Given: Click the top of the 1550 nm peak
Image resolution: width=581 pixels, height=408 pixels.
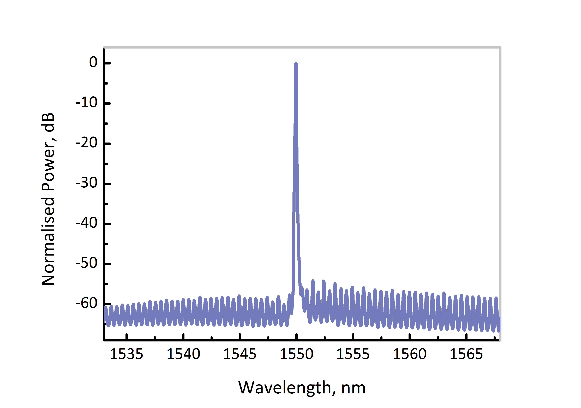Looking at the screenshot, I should (x=296, y=64).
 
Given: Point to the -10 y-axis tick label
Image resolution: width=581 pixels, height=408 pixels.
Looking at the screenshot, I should (x=87, y=103).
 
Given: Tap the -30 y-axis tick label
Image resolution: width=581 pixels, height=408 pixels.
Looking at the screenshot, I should (x=87, y=183).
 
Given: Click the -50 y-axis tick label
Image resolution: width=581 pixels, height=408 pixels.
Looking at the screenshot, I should (x=87, y=263).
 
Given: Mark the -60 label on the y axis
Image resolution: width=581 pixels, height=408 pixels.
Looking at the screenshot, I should (x=87, y=303).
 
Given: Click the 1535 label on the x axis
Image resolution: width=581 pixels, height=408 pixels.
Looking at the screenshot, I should (x=127, y=354).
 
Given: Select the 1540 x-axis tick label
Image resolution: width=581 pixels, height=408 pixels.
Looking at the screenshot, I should (x=183, y=354).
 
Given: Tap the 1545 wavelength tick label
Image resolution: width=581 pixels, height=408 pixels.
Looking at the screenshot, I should (x=240, y=354).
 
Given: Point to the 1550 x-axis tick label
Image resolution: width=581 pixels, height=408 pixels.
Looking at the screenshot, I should (x=296, y=354).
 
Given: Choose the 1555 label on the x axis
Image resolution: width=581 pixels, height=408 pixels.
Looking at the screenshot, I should (x=353, y=354).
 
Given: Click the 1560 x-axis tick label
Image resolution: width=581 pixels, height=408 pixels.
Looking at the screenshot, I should (x=409, y=354).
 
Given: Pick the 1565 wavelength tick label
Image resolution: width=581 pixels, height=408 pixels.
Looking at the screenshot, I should (x=466, y=354).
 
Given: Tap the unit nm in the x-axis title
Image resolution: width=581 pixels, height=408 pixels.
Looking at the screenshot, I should (x=353, y=388).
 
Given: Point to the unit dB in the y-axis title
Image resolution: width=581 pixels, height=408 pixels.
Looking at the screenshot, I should (x=48, y=122).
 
